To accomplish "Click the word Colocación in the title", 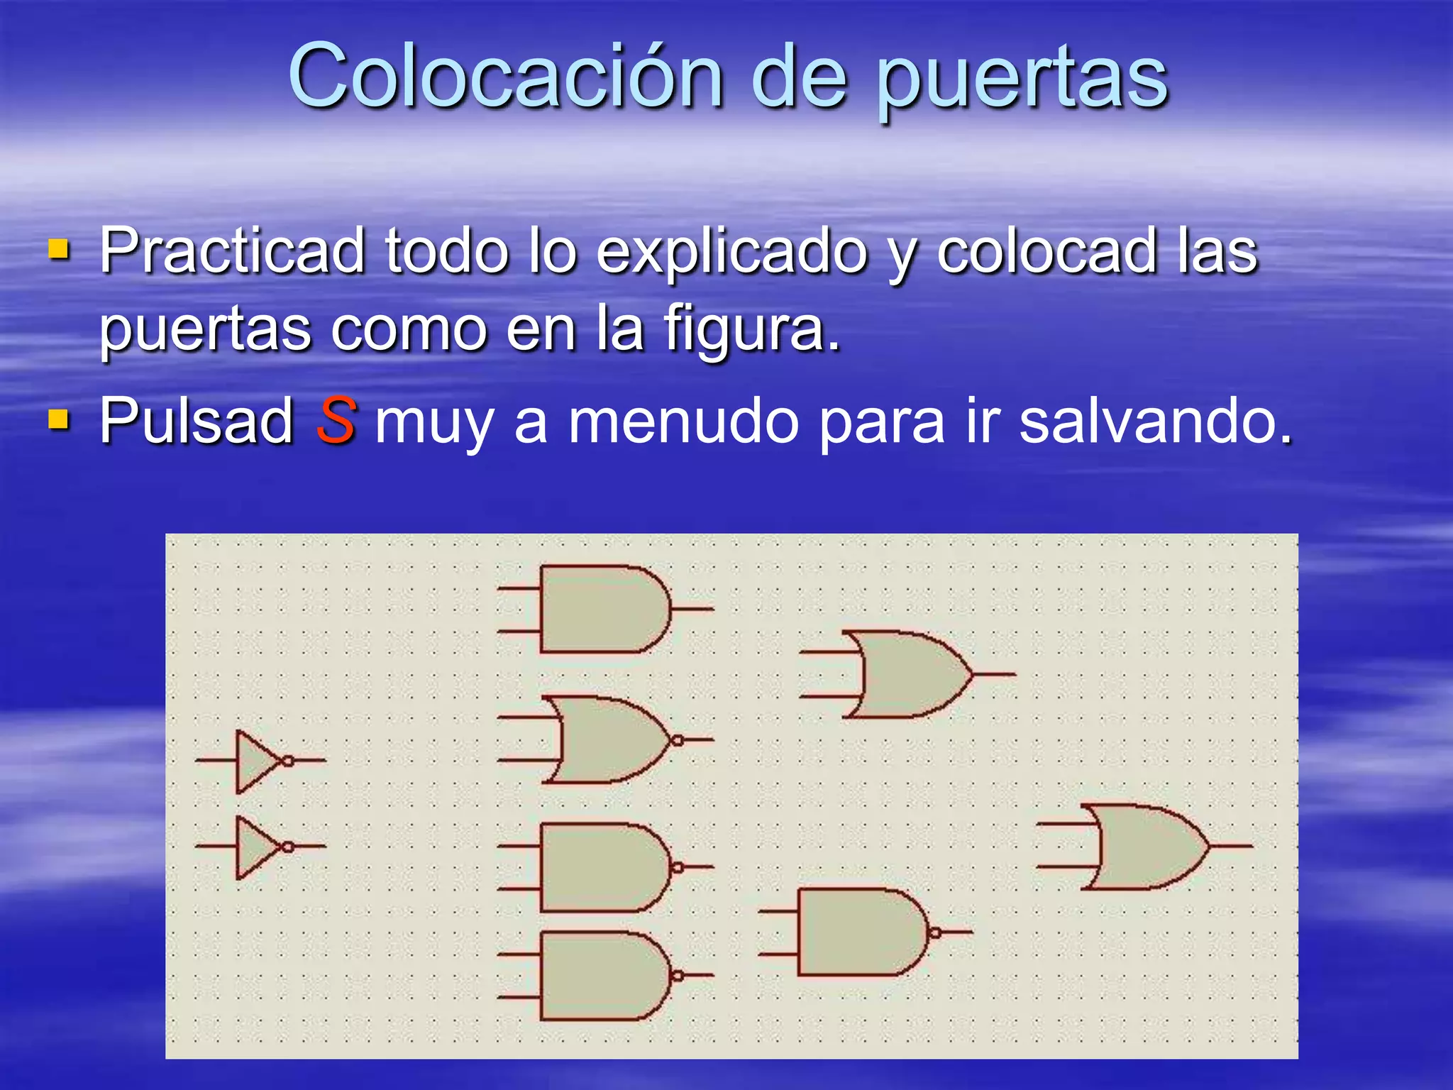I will click(x=505, y=77).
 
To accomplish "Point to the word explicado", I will click(x=731, y=253).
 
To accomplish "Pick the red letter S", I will click(x=335, y=421).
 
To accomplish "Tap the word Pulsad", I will click(x=197, y=421).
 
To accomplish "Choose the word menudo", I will click(x=684, y=422).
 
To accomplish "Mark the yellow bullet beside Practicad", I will click(x=59, y=250).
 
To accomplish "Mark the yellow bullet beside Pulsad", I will click(x=59, y=420).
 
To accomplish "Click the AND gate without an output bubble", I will click(x=603, y=609).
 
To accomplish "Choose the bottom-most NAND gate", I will click(x=603, y=976).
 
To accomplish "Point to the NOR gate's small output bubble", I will click(x=678, y=740).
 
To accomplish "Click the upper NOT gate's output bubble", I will click(x=288, y=761).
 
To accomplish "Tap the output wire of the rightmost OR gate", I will click(x=1231, y=846).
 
